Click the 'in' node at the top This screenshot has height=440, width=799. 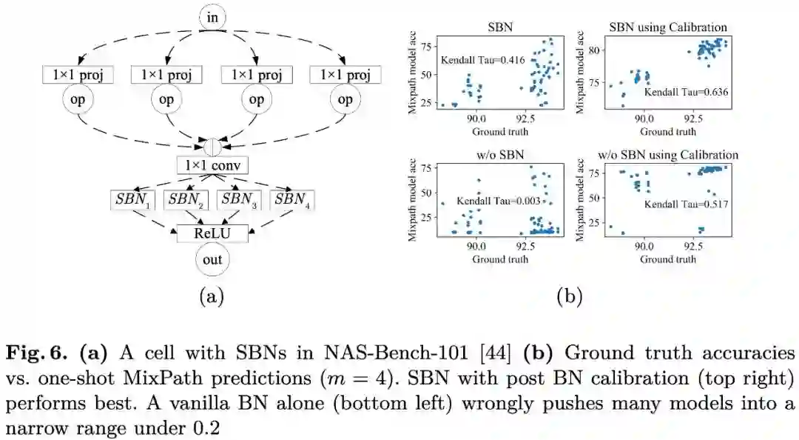pos(212,16)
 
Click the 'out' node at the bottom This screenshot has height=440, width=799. pos(212,259)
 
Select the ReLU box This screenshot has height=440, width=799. pos(212,233)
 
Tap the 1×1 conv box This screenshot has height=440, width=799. pos(212,165)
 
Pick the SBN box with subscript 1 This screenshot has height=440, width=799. pos(132,199)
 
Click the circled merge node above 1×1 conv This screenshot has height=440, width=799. pos(212,144)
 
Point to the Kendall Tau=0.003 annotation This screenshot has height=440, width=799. pos(494,200)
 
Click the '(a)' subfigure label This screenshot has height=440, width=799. pos(212,297)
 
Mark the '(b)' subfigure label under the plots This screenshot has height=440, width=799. pos(570,297)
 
